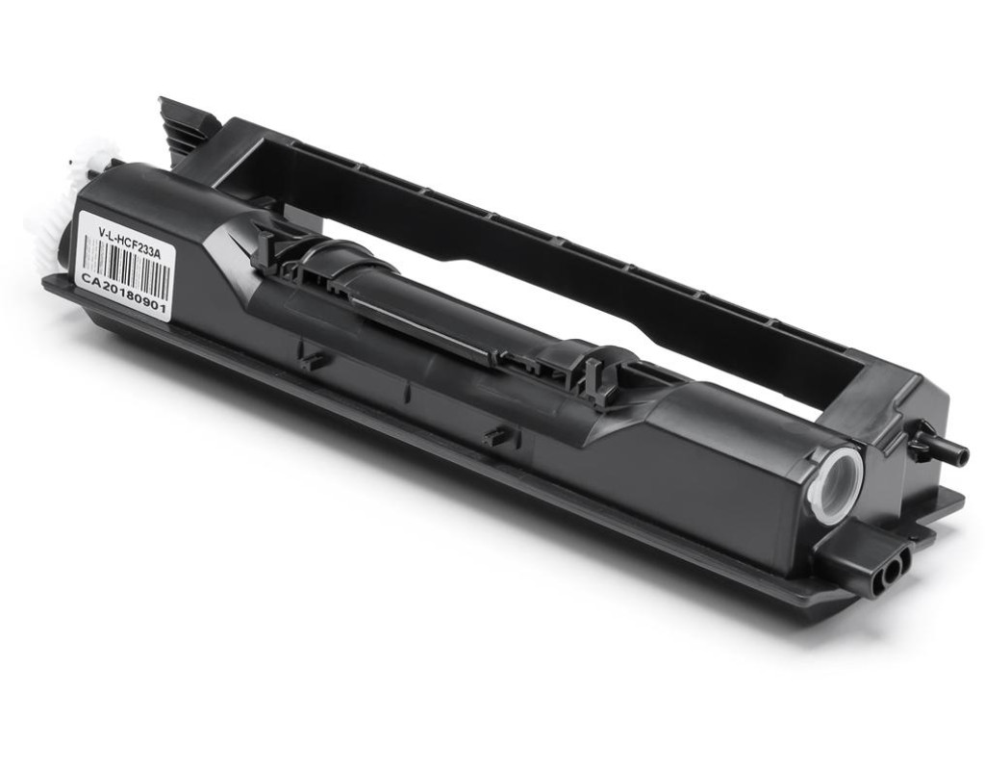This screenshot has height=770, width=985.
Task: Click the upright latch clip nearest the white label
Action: (268, 249)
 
